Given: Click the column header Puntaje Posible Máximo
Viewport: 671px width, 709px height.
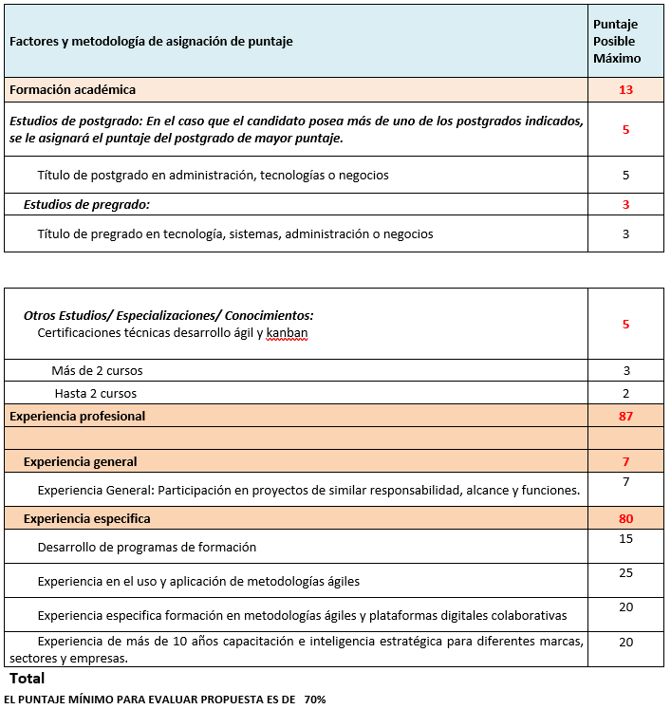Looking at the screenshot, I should [x=616, y=42].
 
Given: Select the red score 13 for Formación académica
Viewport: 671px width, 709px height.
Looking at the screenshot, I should [x=625, y=90].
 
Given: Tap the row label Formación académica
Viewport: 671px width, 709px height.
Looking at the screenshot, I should [x=73, y=90].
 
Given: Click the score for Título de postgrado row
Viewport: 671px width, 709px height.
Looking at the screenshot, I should [x=625, y=175].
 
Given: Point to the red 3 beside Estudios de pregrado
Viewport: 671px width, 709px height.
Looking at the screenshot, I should [x=625, y=204].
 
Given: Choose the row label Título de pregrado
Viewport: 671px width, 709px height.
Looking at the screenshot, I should [x=235, y=233].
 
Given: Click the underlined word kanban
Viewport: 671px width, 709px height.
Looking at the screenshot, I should [x=287, y=333].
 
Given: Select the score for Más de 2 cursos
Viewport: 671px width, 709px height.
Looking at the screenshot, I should [x=625, y=370].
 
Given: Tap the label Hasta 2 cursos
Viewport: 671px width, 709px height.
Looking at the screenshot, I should [x=96, y=393].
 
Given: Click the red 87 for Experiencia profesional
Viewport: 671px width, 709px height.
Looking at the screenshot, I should [x=625, y=416].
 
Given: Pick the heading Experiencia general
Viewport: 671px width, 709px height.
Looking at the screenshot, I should [x=81, y=462].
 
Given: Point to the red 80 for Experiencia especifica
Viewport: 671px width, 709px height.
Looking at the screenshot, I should [x=625, y=518].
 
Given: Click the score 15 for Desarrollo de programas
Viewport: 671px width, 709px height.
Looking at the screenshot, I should [x=625, y=539].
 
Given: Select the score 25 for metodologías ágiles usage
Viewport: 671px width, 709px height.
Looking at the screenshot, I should [x=625, y=573].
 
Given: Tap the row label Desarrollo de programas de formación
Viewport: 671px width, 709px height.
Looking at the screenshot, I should [x=147, y=548].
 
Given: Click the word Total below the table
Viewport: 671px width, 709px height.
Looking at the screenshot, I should [x=27, y=679].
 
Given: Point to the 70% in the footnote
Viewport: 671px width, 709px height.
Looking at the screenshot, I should [x=315, y=700].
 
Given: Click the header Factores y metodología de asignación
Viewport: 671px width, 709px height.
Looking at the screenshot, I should [x=151, y=42].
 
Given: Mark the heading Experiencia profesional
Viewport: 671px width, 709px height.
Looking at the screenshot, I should [x=77, y=416].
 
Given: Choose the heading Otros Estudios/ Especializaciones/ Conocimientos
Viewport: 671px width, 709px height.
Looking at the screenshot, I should [x=168, y=315].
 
